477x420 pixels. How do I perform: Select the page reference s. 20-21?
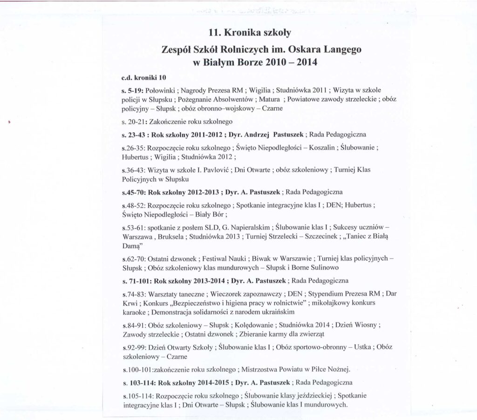pyautogui.click(x=133, y=122)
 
